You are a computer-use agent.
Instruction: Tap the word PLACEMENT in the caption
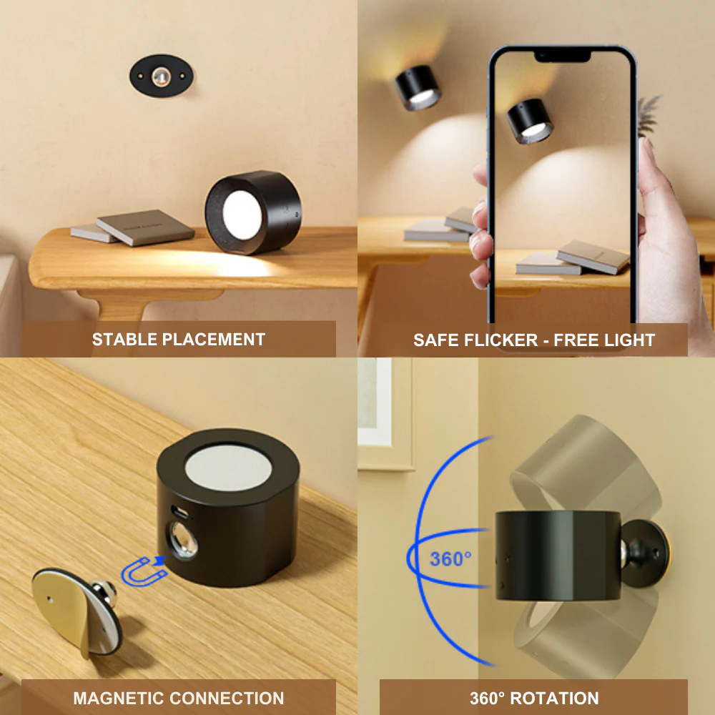click(x=213, y=339)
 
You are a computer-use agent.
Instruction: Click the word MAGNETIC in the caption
click(x=118, y=698)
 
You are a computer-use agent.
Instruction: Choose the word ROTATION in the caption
click(x=554, y=698)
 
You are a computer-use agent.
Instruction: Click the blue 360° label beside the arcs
click(x=450, y=558)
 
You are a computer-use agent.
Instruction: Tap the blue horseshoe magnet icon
click(x=144, y=571)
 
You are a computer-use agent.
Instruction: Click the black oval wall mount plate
click(x=161, y=76)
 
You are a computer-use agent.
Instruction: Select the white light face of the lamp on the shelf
click(x=242, y=214)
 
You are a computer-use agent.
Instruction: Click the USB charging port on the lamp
click(x=179, y=512)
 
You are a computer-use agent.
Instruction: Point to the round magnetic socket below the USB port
click(x=183, y=541)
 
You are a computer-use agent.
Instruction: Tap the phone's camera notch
click(x=563, y=56)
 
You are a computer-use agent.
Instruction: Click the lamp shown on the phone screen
click(x=531, y=122)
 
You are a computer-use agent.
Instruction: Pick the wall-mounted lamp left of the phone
click(x=418, y=87)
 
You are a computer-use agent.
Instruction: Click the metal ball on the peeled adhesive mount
click(x=104, y=593)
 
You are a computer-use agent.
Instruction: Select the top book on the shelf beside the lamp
click(x=145, y=227)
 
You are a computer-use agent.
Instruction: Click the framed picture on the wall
click(x=386, y=413)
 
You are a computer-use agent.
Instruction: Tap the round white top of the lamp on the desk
click(x=229, y=468)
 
